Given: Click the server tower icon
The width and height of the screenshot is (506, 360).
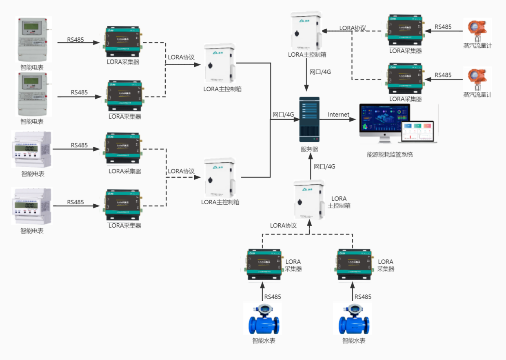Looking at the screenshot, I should pos(309,119).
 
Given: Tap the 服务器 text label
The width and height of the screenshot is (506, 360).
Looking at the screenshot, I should pos(309,149).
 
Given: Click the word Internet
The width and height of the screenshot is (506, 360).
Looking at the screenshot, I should pos(338,115).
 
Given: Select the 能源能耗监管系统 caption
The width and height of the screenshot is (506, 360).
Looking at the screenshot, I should pos(390,155).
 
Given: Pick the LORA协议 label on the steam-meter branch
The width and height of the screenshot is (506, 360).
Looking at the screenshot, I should pos(353,28).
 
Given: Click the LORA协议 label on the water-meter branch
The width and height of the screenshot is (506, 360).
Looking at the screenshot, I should pos(283,225).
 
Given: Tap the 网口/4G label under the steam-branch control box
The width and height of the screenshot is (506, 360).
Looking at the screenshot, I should pos(320,72).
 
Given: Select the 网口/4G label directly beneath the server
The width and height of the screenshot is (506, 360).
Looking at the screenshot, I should pos(324,166).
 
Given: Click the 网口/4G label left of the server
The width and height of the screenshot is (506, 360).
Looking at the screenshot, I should pos(283,115).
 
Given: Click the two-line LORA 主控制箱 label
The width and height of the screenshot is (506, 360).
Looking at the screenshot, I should pos(339,202).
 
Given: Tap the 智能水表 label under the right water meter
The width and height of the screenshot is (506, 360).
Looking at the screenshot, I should pos(354,341).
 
